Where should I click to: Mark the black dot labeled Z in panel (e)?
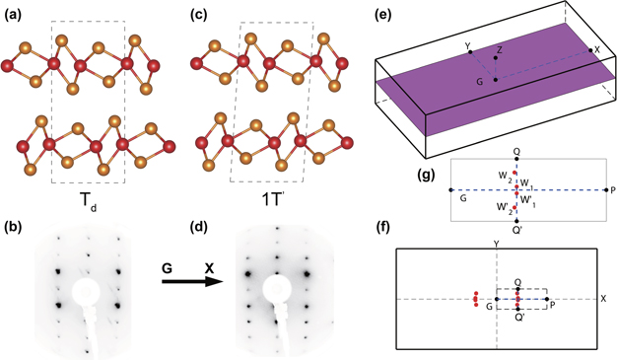point(497,56)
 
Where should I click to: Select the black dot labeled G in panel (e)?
point(496,81)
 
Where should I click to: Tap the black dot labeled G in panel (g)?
point(451,189)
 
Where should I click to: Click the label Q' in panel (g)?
point(516,230)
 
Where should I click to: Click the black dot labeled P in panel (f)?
point(546,300)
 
